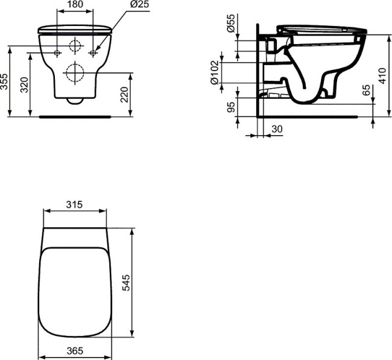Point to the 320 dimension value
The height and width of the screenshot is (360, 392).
24,84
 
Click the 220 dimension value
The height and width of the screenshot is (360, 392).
124,95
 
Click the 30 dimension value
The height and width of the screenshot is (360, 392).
277,128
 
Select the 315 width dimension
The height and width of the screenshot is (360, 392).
74,205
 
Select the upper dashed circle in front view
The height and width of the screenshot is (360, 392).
75,46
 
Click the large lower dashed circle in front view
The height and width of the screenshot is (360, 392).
75,72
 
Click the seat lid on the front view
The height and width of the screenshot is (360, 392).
75,28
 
